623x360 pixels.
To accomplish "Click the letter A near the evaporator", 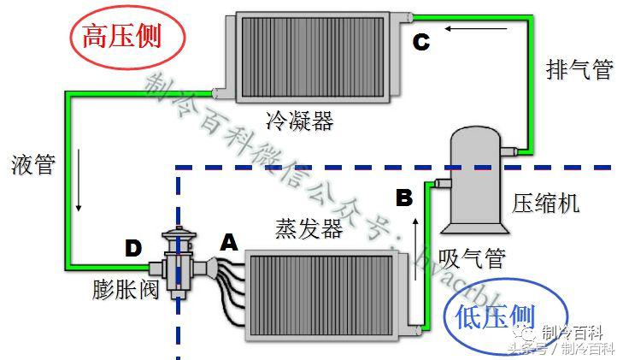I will point(228,243).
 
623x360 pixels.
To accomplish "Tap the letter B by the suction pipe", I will point(404,198).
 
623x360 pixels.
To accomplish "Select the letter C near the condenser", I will point(420,41).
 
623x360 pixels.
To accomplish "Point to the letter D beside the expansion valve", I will point(132,248).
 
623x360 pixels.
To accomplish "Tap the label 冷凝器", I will point(300,121).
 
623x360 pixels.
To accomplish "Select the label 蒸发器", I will point(309,228).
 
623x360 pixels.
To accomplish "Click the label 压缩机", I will point(546,203).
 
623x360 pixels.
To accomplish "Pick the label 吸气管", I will point(472,257).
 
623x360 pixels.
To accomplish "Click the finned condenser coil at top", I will point(316,54).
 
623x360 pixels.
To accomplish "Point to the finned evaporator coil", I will point(325,290).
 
